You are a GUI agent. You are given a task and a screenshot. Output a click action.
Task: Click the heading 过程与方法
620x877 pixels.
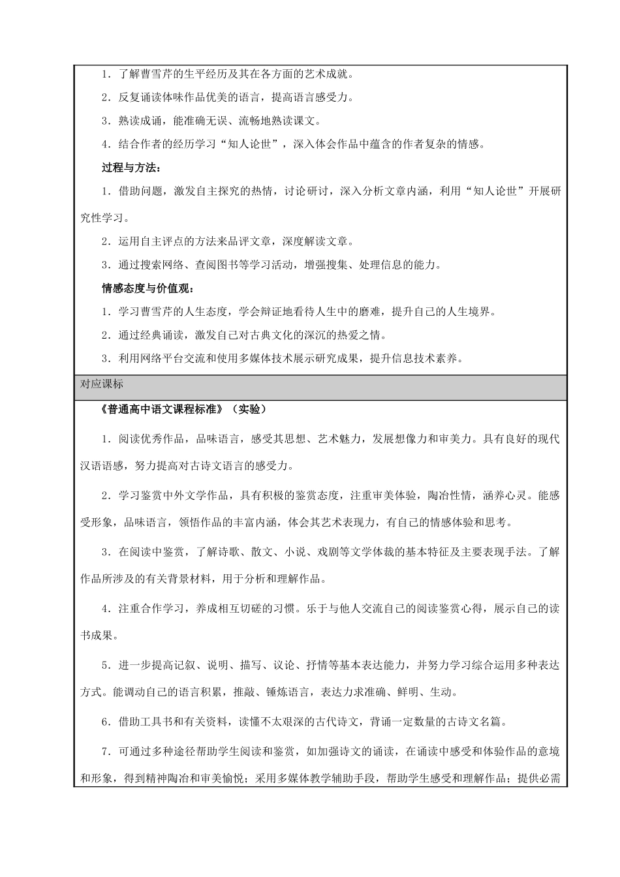[131, 168]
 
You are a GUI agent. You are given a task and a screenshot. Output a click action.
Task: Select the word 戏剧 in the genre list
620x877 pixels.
[347, 552]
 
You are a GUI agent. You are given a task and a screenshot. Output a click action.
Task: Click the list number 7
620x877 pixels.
[105, 752]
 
